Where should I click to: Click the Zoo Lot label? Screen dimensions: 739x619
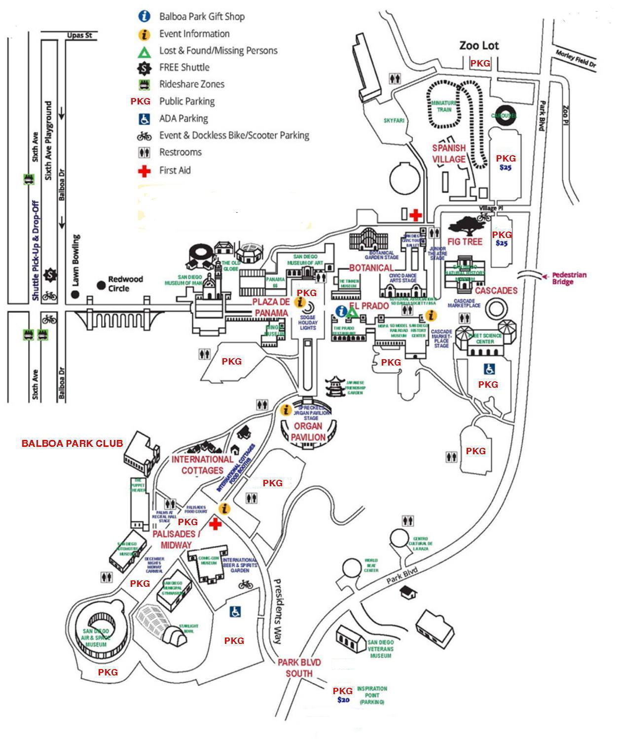479,46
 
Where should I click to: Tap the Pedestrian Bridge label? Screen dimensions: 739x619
569,278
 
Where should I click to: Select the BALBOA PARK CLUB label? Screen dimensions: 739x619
72,443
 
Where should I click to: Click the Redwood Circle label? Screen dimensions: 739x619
125,284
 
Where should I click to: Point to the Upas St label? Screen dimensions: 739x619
79,35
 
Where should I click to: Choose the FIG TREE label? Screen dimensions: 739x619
465,242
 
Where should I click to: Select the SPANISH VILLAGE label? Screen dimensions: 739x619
449,153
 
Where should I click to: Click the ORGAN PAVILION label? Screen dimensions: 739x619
308,432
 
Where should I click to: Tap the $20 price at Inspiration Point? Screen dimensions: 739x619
343,700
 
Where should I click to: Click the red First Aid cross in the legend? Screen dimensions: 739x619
144,171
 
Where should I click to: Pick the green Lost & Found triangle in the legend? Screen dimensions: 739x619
144,51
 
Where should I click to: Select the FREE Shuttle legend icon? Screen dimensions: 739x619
144,67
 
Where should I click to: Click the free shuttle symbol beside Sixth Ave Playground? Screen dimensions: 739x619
50,275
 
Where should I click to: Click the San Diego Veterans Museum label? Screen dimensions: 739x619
380,649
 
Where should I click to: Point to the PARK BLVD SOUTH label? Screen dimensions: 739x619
299,668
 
